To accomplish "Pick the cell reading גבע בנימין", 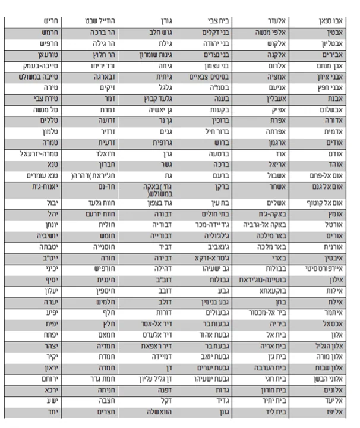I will [x=211, y=303].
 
